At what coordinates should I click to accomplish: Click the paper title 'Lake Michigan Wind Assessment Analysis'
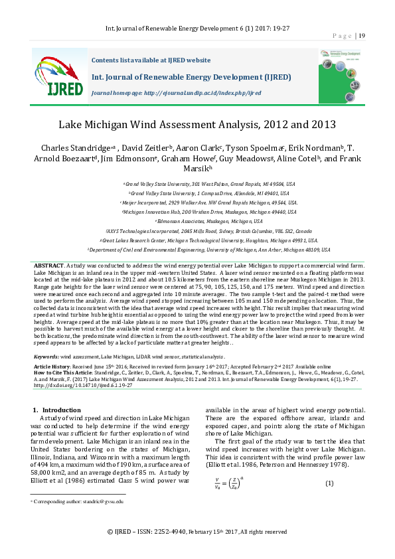click(197, 124)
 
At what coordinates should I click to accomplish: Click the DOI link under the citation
click(79, 384)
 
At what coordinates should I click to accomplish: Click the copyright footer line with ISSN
click(197, 532)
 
